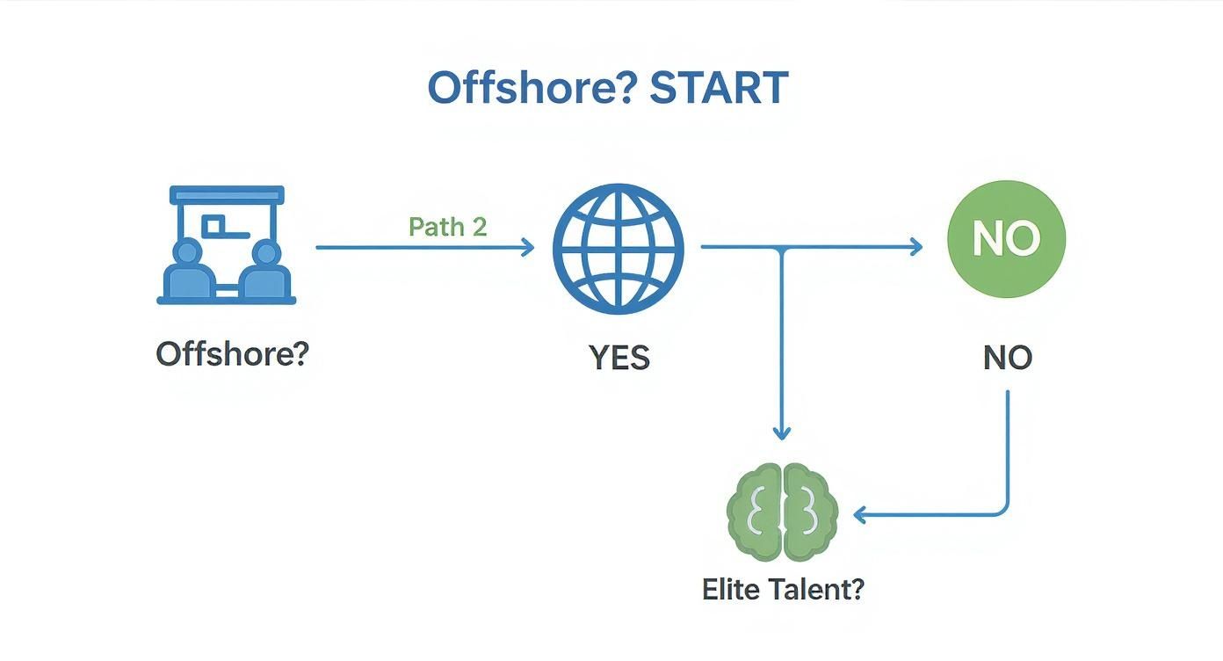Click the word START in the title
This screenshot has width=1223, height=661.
[719, 88]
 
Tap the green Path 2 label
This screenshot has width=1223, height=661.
[447, 227]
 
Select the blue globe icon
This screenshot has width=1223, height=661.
[618, 248]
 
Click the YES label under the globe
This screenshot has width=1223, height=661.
[619, 358]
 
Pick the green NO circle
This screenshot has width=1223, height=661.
[1006, 239]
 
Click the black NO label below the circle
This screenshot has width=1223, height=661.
[1007, 358]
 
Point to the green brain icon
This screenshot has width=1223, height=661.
[782, 512]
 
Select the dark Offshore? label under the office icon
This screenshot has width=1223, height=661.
[233, 354]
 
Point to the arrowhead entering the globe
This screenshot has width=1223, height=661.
[528, 248]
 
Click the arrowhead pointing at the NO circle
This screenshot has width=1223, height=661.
[916, 248]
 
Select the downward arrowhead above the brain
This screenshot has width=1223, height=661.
[782, 432]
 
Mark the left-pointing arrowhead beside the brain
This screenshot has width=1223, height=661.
[861, 515]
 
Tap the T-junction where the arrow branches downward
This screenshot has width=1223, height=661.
[782, 248]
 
